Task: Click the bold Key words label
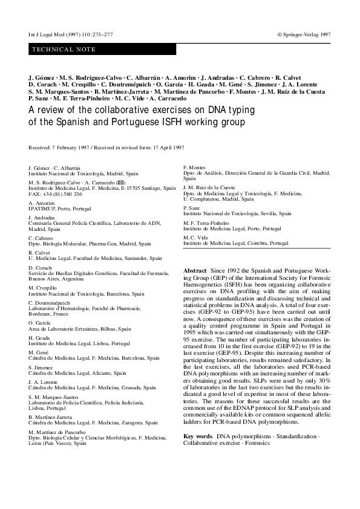(197, 436)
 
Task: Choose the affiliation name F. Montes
(194, 167)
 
